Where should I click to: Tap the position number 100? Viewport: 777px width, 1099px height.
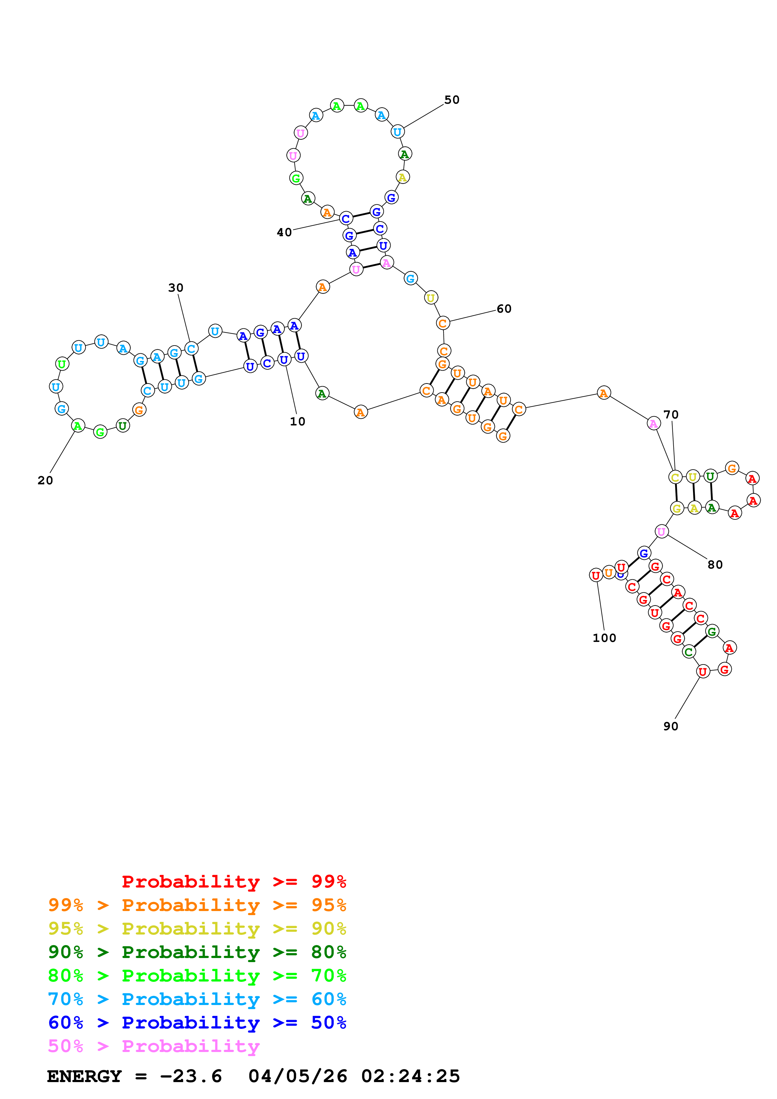click(x=604, y=638)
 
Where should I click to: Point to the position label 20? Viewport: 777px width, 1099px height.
click(x=45, y=481)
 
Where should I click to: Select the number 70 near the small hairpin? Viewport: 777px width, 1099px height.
click(x=671, y=414)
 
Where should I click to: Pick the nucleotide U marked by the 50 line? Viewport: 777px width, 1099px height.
click(x=397, y=132)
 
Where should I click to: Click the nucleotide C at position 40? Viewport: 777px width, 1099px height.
click(x=346, y=219)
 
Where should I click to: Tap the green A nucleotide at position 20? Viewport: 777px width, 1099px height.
click(x=77, y=425)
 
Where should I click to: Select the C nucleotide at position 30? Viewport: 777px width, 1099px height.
click(x=191, y=349)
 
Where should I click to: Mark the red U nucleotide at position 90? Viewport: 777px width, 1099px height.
click(x=702, y=672)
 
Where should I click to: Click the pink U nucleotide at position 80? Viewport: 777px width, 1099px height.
click(x=661, y=531)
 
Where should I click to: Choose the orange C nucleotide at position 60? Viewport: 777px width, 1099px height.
click(x=443, y=324)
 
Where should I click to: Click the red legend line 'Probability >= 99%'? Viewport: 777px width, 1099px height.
click(x=234, y=882)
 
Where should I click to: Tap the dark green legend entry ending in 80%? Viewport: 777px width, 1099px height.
click(x=197, y=952)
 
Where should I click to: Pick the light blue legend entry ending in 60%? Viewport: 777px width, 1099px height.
click(x=197, y=999)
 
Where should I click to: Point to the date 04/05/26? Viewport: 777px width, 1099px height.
click(x=297, y=1076)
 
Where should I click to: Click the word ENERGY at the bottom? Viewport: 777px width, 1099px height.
click(x=84, y=1076)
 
